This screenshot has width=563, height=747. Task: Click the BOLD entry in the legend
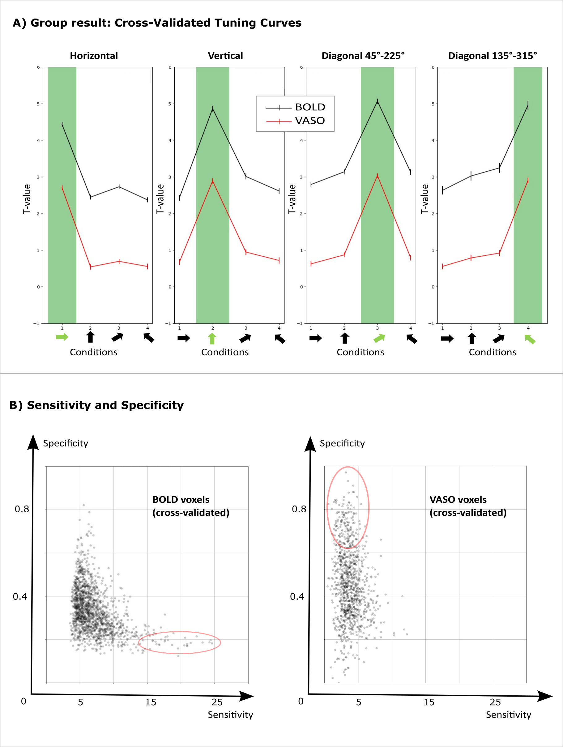310,107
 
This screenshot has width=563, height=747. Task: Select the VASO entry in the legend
310,121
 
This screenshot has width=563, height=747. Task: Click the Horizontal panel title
94,56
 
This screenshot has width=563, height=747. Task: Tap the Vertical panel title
225,56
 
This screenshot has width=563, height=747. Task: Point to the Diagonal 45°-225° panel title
363,56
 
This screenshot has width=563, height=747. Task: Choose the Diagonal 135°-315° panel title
493,56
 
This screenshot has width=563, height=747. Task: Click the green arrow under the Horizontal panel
62,337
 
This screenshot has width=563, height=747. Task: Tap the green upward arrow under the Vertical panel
212,338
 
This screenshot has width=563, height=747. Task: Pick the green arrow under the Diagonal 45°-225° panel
379,338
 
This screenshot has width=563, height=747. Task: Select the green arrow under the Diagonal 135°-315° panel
530,339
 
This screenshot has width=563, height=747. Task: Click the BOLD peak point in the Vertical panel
213,109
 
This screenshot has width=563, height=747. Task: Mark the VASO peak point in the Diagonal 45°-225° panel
377,176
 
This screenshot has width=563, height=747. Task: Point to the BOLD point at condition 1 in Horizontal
62,125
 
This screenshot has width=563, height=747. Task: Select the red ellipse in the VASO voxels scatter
348,508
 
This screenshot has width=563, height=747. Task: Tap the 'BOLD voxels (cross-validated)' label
191,506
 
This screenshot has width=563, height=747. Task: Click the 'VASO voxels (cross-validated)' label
468,506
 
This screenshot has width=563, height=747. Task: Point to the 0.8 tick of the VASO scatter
299,509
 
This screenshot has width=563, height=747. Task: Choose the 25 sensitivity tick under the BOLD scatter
217,702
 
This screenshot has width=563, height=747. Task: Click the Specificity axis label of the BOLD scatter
66,443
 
